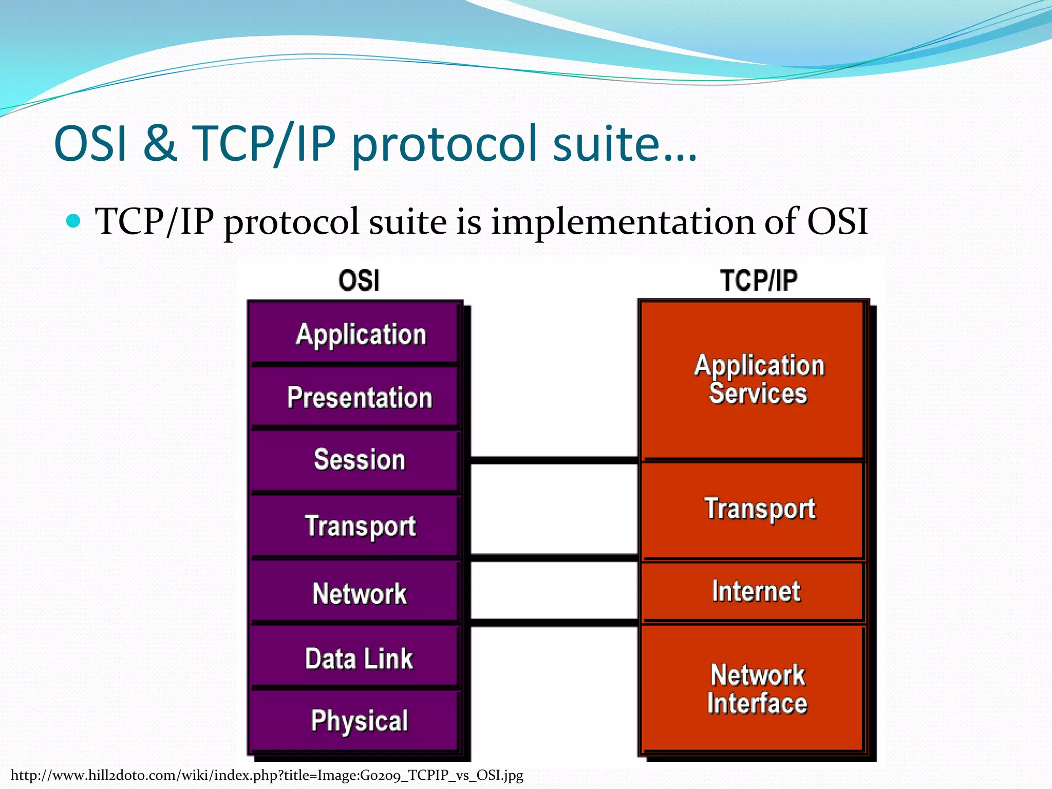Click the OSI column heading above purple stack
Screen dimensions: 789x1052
(359, 280)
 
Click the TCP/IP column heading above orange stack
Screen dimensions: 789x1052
(758, 280)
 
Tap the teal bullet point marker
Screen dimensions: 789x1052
(74, 221)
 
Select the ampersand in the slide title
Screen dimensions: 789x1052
(160, 143)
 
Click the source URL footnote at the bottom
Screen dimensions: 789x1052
(267, 775)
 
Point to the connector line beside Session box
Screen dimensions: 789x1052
(554, 460)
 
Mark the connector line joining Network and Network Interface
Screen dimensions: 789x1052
(554, 623)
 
